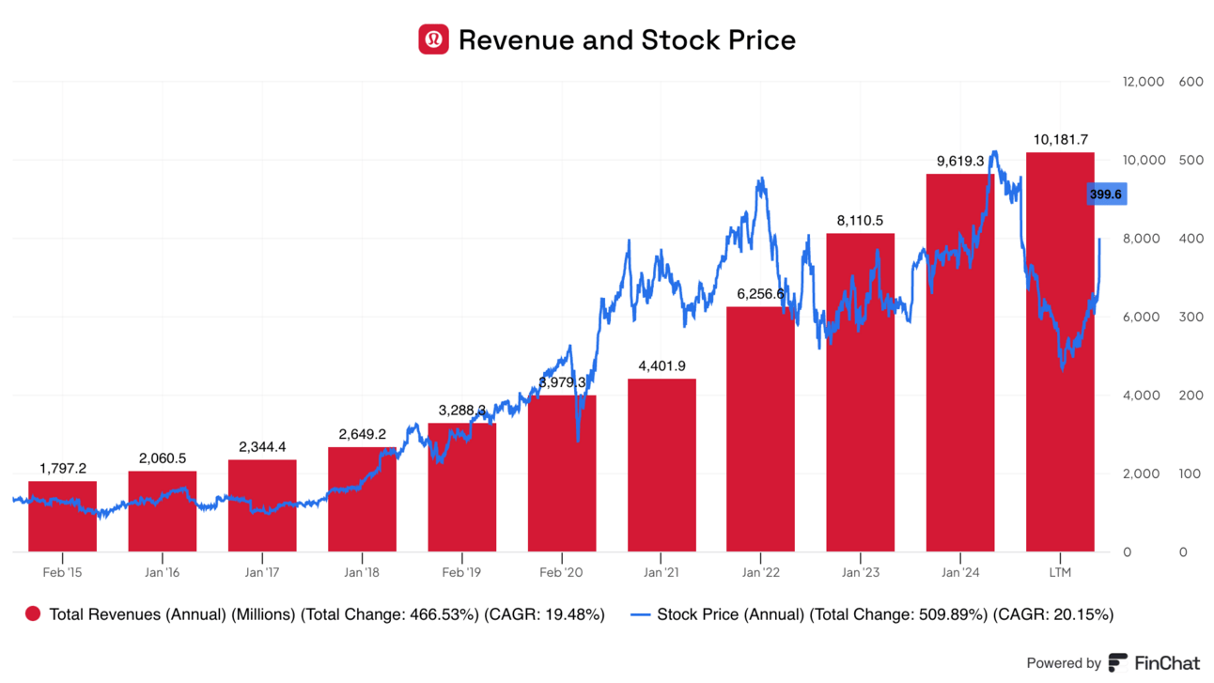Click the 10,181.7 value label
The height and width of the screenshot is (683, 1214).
[1060, 140]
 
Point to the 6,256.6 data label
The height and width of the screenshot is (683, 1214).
[761, 294]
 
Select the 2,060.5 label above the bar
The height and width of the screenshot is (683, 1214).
[163, 458]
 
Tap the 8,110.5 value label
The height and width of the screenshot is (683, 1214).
[861, 221]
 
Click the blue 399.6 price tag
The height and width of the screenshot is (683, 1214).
[1105, 194]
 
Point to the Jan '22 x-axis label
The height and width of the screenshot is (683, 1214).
[761, 572]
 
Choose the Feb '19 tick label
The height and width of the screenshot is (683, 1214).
[461, 572]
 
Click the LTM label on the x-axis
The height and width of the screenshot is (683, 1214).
[1060, 572]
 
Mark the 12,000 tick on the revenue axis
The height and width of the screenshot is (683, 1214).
[1144, 82]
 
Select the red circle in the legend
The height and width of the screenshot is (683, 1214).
[33, 614]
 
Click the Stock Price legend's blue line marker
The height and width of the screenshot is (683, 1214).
[640, 614]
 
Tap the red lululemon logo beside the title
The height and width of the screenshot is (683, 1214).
[433, 39]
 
